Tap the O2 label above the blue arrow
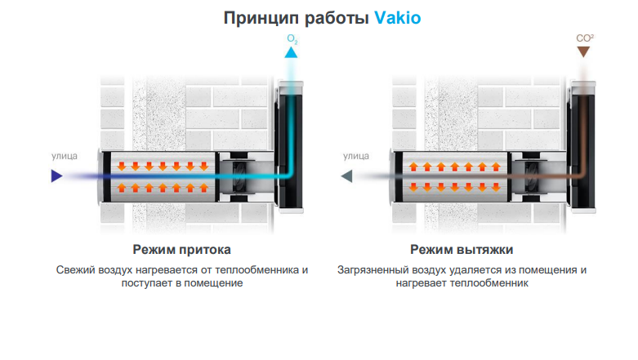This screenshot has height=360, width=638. point(292,38)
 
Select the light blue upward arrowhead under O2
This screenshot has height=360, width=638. point(292,53)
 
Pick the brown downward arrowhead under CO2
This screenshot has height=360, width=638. point(582,52)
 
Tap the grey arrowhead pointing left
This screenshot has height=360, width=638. point(347,176)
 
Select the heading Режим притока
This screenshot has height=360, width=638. point(181,249)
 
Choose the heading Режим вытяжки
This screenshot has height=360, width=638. point(462,249)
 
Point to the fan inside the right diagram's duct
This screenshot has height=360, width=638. point(529,176)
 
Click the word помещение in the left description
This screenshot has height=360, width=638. point(217,284)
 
